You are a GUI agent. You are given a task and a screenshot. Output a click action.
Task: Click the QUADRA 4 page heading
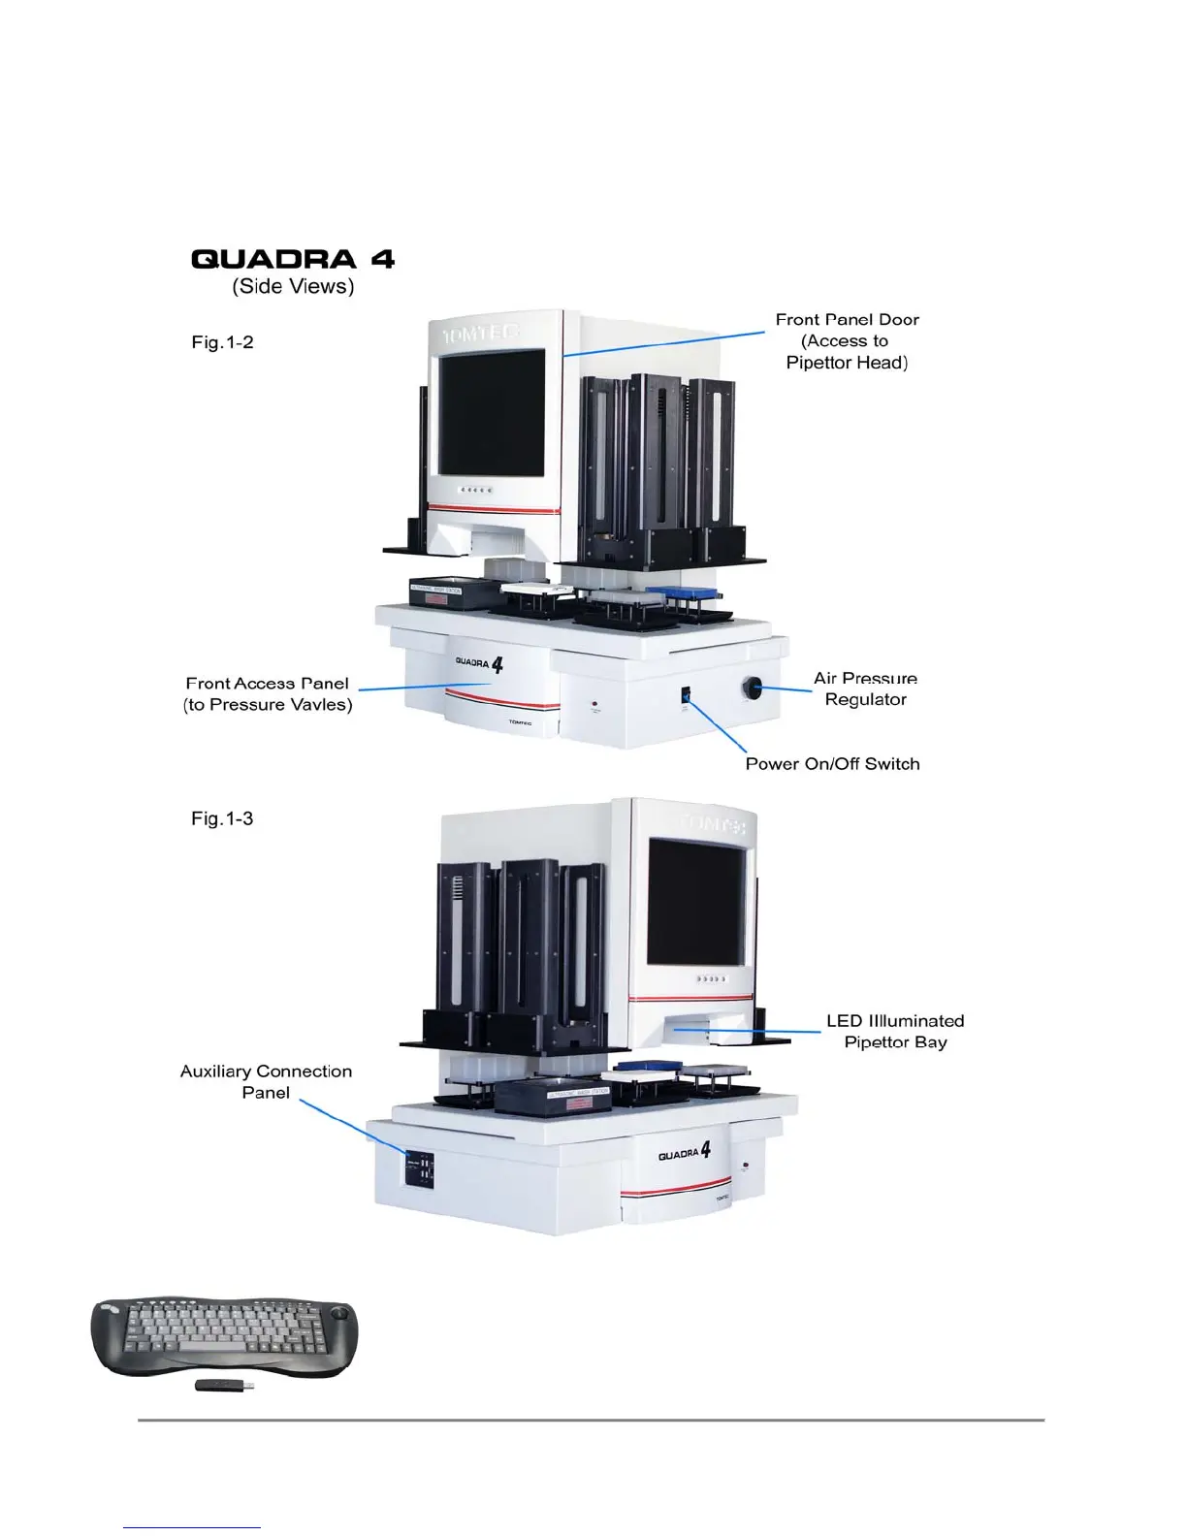pos(293,259)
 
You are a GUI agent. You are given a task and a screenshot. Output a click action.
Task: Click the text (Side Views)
pos(293,286)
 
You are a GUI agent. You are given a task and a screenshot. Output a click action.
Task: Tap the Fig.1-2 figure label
pos(222,342)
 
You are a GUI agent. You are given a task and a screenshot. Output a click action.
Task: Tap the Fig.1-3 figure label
pos(222,818)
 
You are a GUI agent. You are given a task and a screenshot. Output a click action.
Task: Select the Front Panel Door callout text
pos(847,340)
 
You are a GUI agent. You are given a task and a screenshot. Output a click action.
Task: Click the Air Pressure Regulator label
pos(865,688)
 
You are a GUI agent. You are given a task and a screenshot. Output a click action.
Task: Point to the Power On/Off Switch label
pos(832,764)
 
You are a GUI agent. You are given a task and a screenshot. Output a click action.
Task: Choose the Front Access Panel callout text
pos(268,694)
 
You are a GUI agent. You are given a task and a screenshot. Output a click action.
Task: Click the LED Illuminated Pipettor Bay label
pos(894,1032)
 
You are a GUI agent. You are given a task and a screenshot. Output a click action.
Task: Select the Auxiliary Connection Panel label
pos(266,1081)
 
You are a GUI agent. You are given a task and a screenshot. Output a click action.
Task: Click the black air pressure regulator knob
pos(753,688)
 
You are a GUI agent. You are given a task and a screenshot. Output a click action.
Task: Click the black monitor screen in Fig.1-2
pos(492,412)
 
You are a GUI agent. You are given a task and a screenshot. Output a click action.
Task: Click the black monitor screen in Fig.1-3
pos(697,902)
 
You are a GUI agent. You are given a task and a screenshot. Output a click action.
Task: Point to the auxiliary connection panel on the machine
pos(420,1168)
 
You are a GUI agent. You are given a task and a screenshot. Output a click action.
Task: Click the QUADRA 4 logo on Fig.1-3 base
pos(685,1152)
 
